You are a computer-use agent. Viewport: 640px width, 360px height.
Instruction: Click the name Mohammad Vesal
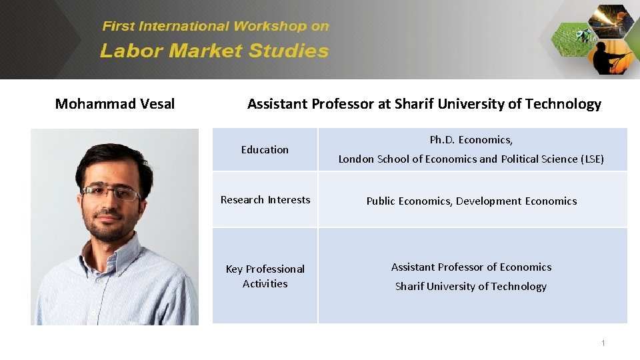point(115,104)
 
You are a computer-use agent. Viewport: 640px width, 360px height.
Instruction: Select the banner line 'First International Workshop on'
point(215,27)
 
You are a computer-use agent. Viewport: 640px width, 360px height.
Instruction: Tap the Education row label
point(265,150)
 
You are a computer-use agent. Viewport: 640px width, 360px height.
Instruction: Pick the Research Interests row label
point(265,200)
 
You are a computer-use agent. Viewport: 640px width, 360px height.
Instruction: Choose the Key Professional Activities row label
point(265,276)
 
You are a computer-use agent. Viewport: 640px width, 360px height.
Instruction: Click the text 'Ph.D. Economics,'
point(471,140)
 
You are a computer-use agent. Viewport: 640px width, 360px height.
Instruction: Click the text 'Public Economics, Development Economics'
point(471,201)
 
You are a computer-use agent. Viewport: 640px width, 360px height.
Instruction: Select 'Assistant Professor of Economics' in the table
point(471,267)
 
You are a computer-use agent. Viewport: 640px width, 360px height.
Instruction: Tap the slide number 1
point(603,343)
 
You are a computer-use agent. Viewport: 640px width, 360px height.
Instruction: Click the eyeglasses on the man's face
point(111,193)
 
